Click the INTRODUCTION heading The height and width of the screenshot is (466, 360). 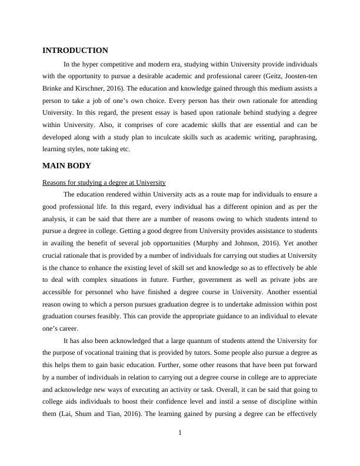point(75,51)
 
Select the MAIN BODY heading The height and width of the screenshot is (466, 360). point(66,165)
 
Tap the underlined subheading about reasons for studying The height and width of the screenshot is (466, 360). point(104,182)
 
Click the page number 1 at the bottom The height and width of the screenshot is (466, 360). point(180,434)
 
